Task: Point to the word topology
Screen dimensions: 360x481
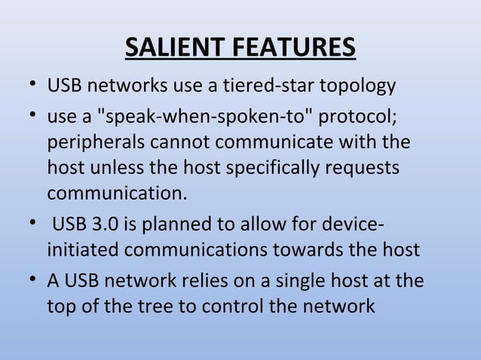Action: pos(357,87)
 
